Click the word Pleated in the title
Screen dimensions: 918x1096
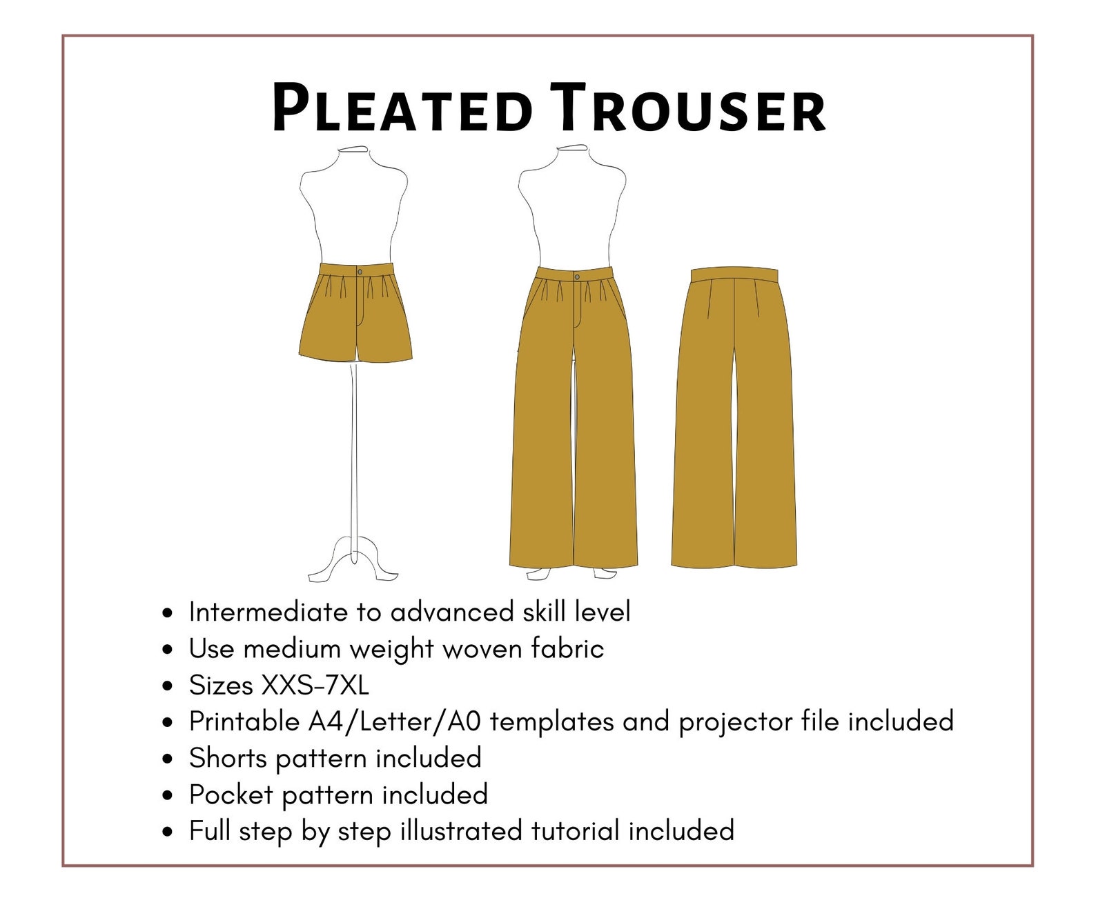[403, 109]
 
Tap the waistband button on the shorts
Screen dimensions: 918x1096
[359, 271]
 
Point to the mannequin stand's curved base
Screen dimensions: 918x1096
[354, 557]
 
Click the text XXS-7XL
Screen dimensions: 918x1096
[315, 686]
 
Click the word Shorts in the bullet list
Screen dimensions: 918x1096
[228, 758]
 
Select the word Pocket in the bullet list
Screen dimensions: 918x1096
[231, 795]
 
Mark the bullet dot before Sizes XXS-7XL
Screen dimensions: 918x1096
[167, 687]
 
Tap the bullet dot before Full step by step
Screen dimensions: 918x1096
[167, 832]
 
